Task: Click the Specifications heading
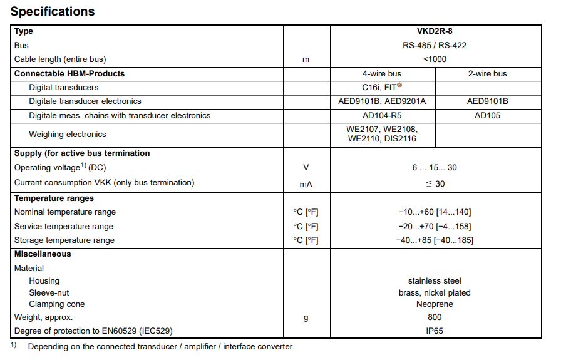coord(53,11)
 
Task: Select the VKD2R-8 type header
coord(435,31)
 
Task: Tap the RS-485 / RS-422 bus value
coord(435,45)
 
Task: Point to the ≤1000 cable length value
coord(435,59)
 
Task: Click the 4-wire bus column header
coord(382,73)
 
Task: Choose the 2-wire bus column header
coord(487,73)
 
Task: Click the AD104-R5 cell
coord(382,115)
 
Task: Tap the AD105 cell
coord(487,115)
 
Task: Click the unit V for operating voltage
coord(306,168)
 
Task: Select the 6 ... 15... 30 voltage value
coord(435,168)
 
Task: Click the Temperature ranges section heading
coord(54,198)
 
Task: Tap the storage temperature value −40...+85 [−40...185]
coord(435,240)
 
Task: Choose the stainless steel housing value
coord(435,281)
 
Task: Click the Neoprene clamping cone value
coord(435,304)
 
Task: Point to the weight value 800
coord(435,317)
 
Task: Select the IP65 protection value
coord(435,331)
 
